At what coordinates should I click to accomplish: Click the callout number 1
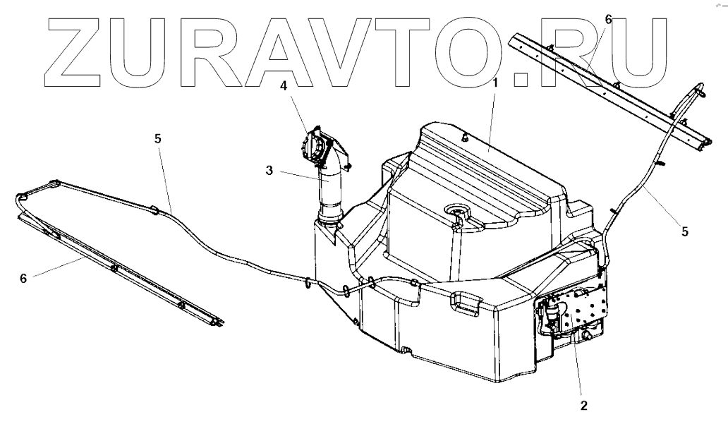(x=496, y=82)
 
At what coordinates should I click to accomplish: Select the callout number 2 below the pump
(x=583, y=406)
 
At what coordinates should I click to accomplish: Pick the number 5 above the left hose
(x=158, y=138)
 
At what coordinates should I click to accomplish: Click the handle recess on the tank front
(x=466, y=301)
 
